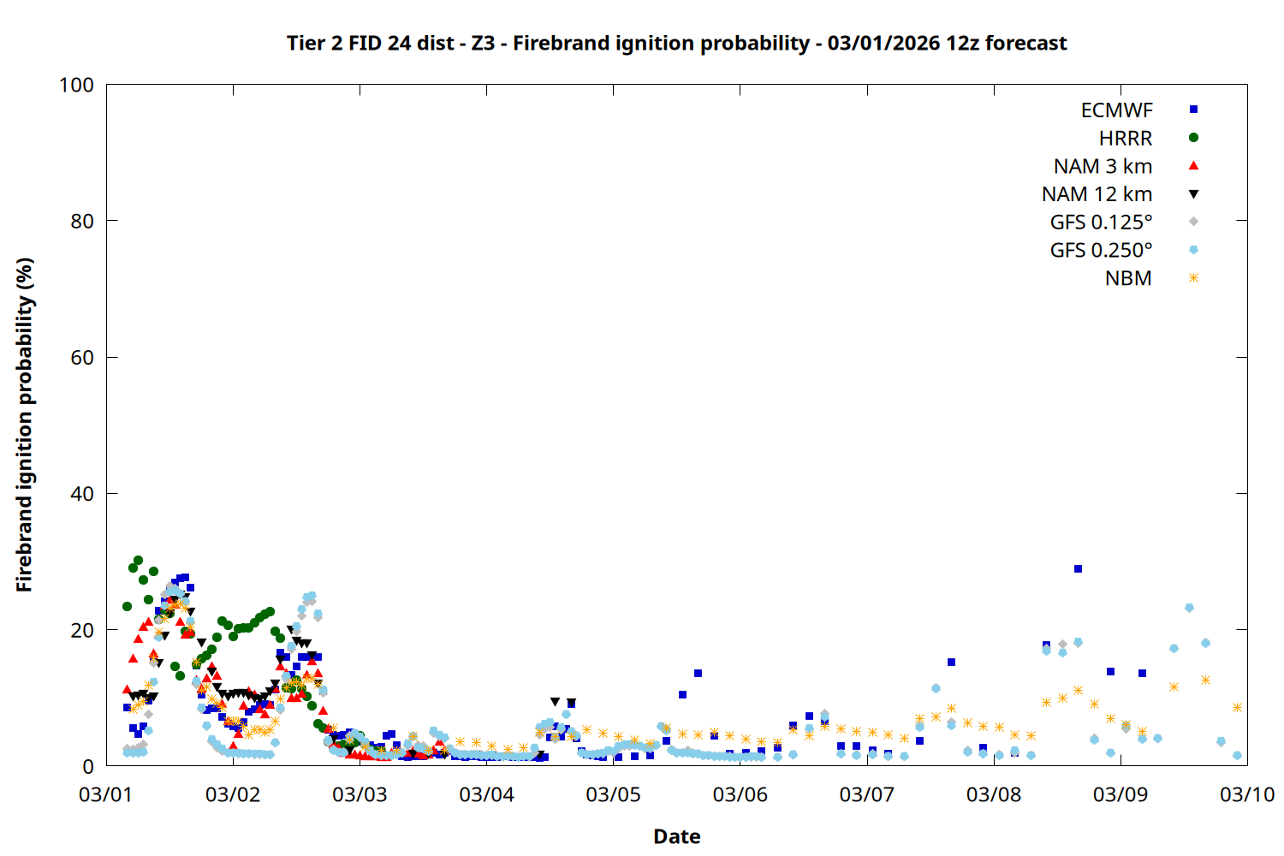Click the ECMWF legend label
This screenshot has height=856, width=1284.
[x=1116, y=110]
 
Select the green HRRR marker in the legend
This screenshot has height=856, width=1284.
[x=1193, y=138]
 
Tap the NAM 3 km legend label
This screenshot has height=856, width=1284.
[x=1103, y=166]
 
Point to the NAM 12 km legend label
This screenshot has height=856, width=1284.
[x=1097, y=194]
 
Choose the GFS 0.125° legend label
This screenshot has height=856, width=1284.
[x=1101, y=223]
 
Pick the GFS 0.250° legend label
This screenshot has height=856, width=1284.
[x=1101, y=251]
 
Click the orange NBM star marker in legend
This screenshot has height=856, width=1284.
[x=1193, y=278]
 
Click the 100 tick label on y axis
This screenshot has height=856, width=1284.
[x=76, y=85]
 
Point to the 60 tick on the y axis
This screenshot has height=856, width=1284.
[x=82, y=358]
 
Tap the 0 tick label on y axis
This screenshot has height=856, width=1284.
[x=88, y=767]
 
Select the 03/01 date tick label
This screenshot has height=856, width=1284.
[x=106, y=794]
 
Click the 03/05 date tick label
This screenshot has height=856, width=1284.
[x=613, y=794]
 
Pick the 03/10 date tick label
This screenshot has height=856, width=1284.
[x=1247, y=794]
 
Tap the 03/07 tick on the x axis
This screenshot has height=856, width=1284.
[x=866, y=794]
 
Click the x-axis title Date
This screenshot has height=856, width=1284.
[x=676, y=836]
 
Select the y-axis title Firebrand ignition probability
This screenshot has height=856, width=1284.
[x=24, y=425]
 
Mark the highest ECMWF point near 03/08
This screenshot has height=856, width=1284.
[x=1078, y=569]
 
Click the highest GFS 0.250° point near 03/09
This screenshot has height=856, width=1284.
[x=1189, y=608]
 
